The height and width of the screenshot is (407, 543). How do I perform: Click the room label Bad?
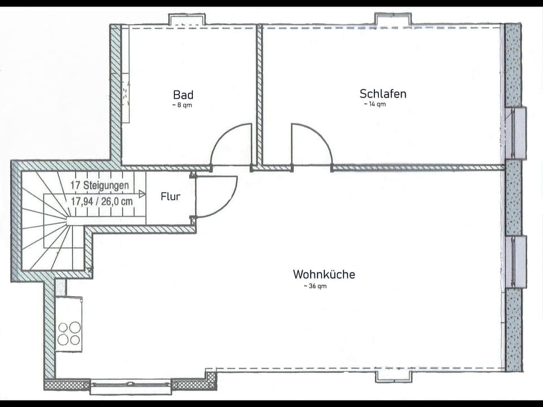coord(183,94)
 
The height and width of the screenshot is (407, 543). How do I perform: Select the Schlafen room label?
coord(382,93)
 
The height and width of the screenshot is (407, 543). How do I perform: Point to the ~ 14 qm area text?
coord(374,104)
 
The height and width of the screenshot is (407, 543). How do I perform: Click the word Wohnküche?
coord(324,274)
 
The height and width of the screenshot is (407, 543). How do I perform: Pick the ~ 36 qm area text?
coord(315,286)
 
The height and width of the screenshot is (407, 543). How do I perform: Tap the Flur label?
coord(170,197)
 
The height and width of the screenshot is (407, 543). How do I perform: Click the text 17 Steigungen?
coord(99,185)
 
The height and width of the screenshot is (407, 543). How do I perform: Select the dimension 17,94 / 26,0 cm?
coord(102,200)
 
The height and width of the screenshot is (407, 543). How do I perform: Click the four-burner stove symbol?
coord(69,333)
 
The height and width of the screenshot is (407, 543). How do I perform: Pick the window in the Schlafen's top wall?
coord(393,20)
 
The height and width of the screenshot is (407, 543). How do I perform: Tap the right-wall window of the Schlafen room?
coord(517,133)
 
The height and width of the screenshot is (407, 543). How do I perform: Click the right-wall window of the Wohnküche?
coord(517,262)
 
